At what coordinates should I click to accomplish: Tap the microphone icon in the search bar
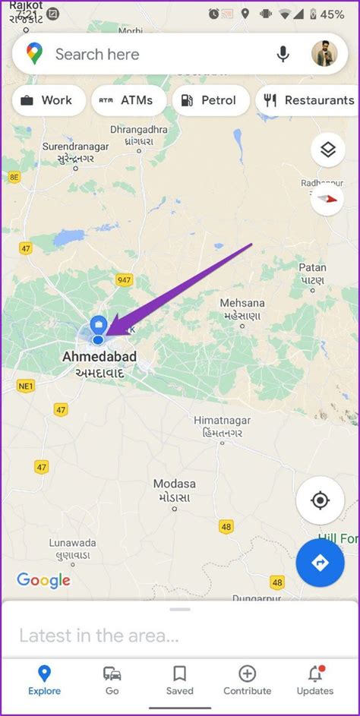click(x=283, y=54)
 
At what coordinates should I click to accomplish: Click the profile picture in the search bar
click(x=324, y=54)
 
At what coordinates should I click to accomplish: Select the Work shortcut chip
click(x=47, y=100)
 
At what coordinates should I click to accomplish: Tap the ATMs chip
click(x=127, y=100)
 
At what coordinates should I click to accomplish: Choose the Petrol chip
click(x=210, y=100)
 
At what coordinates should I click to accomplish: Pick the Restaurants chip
click(x=308, y=100)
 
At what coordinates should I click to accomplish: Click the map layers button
click(x=327, y=150)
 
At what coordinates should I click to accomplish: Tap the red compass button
click(x=327, y=198)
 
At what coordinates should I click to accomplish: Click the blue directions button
click(x=320, y=563)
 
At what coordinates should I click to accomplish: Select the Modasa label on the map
click(x=175, y=484)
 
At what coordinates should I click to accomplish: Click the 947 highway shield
click(x=125, y=280)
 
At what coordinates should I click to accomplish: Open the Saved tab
click(x=180, y=680)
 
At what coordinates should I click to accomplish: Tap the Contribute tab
click(x=247, y=680)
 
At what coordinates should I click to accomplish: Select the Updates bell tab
click(x=315, y=680)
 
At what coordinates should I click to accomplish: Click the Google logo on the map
click(x=43, y=581)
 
